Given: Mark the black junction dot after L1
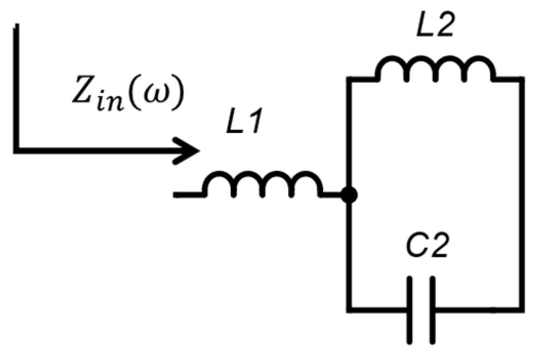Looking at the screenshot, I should coord(349,194).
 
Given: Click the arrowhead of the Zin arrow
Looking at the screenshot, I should coord(188,150).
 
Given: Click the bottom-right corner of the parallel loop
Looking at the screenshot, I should coord(521,309).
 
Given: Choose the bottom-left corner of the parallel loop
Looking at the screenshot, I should coord(349,309).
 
